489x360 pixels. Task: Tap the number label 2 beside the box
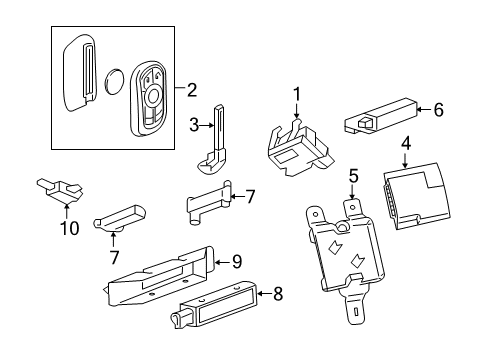pos(192,91)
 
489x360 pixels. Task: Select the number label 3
pos(194,125)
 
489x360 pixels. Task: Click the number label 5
pos(353,178)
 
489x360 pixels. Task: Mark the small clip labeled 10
pos(63,187)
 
